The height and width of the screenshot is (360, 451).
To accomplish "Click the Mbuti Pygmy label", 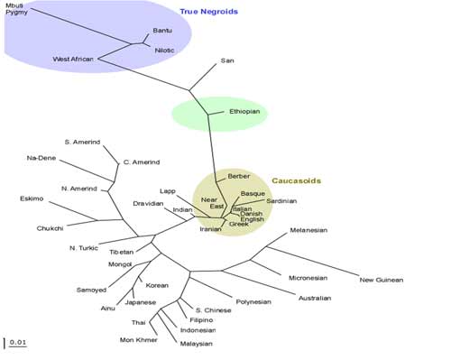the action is [17, 9].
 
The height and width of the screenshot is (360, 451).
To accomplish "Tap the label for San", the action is [227, 60].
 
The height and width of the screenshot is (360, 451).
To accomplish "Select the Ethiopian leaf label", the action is [244, 112].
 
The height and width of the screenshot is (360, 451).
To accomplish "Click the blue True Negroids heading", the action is [209, 12].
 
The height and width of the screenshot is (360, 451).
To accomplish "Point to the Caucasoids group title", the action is [296, 180].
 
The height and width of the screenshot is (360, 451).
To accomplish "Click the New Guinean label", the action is [382, 280].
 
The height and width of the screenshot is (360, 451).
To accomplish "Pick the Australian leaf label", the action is [315, 298].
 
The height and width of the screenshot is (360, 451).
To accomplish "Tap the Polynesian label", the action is [253, 301].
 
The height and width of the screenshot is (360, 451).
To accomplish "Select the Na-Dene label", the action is [41, 158].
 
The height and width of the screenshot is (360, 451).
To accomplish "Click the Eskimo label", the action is [32, 198].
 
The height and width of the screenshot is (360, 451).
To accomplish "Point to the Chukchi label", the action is [50, 228].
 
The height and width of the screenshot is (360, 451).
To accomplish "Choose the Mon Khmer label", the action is [138, 340].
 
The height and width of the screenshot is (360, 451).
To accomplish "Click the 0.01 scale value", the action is [18, 342].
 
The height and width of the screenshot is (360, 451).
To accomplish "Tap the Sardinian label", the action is [281, 201].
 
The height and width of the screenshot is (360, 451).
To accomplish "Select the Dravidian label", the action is [148, 204].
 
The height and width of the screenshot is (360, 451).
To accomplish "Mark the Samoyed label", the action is [91, 290].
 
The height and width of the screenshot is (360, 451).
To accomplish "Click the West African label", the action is [73, 59].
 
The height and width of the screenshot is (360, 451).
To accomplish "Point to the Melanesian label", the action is [308, 230].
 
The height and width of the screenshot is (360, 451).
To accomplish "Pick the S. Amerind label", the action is [82, 142].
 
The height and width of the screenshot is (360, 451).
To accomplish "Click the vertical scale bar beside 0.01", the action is [5, 343].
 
